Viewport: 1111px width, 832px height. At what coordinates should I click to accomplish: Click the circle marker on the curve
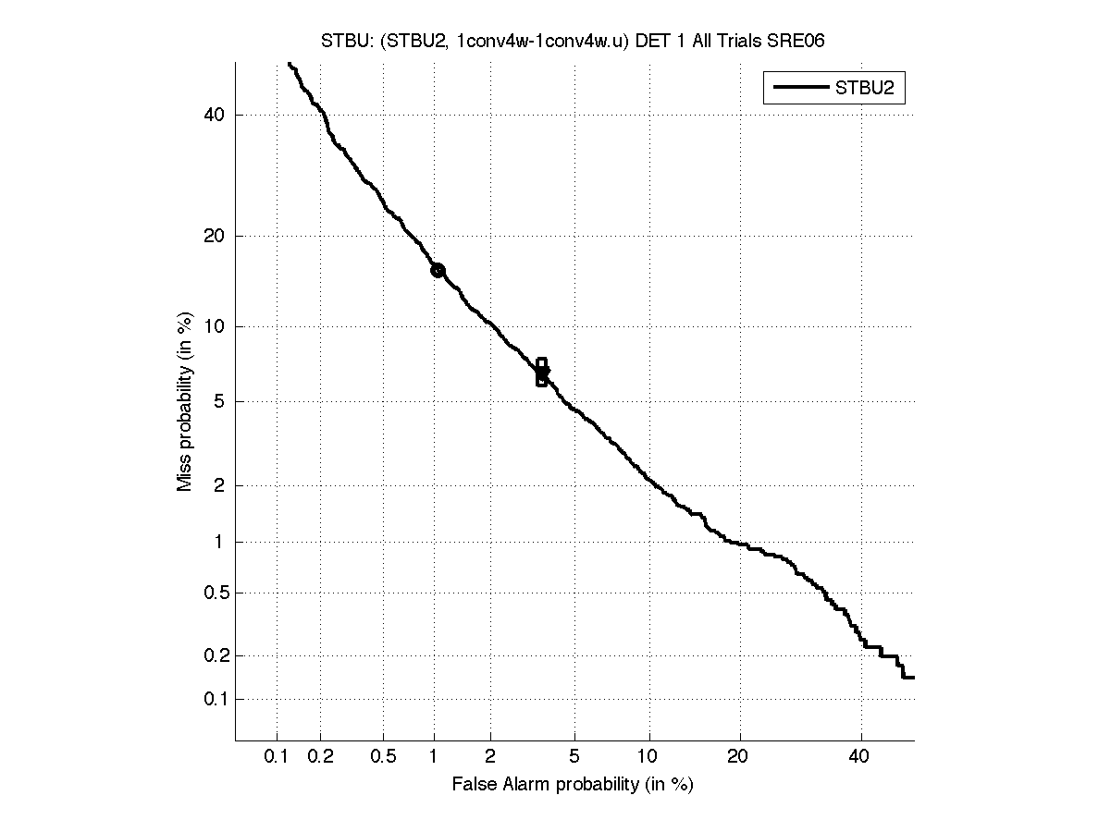[x=438, y=270]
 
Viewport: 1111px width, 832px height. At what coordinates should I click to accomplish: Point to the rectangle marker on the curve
[x=541, y=372]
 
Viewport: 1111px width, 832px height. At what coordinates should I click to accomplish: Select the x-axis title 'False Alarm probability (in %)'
[x=573, y=785]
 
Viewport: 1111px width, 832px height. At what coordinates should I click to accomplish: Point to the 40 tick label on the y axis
[x=216, y=115]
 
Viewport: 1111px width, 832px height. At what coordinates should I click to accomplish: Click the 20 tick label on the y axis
[x=216, y=236]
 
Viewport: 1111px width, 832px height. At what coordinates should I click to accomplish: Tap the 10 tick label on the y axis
[x=216, y=326]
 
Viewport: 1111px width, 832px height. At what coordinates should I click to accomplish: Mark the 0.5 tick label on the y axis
[x=213, y=593]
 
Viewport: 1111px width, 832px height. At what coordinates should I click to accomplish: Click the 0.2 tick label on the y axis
[x=213, y=655]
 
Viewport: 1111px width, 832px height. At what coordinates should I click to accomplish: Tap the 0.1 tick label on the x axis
[x=277, y=757]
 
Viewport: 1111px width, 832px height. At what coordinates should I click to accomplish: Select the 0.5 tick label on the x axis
[x=383, y=757]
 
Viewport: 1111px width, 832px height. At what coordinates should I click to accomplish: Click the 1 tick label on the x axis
[x=434, y=757]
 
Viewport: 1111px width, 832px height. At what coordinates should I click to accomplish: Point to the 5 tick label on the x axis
[x=574, y=757]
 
